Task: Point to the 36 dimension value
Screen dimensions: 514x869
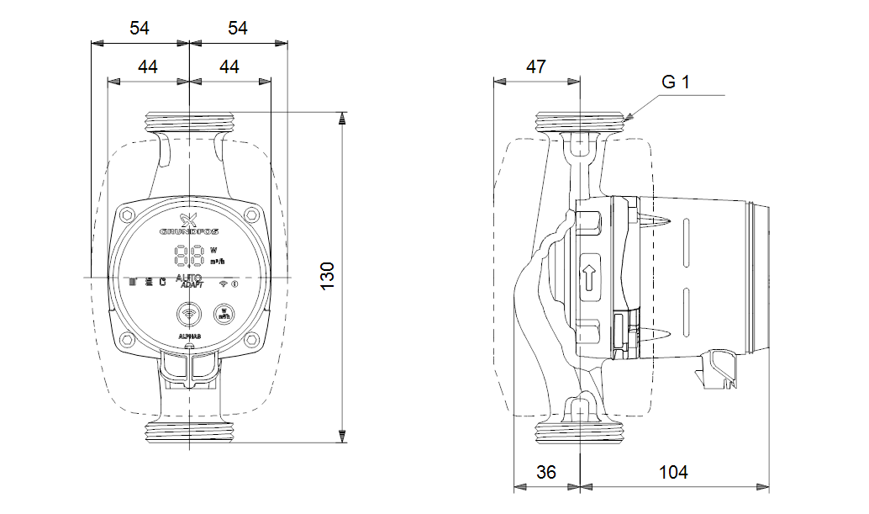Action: point(546,472)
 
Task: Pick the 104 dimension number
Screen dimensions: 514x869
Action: point(673,472)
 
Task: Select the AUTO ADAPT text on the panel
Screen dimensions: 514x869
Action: point(189,281)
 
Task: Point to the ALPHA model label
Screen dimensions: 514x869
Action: point(189,336)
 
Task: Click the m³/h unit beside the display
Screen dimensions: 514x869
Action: point(216,262)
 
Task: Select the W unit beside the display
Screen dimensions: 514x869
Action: point(213,250)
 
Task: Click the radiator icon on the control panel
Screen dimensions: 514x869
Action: point(132,282)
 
